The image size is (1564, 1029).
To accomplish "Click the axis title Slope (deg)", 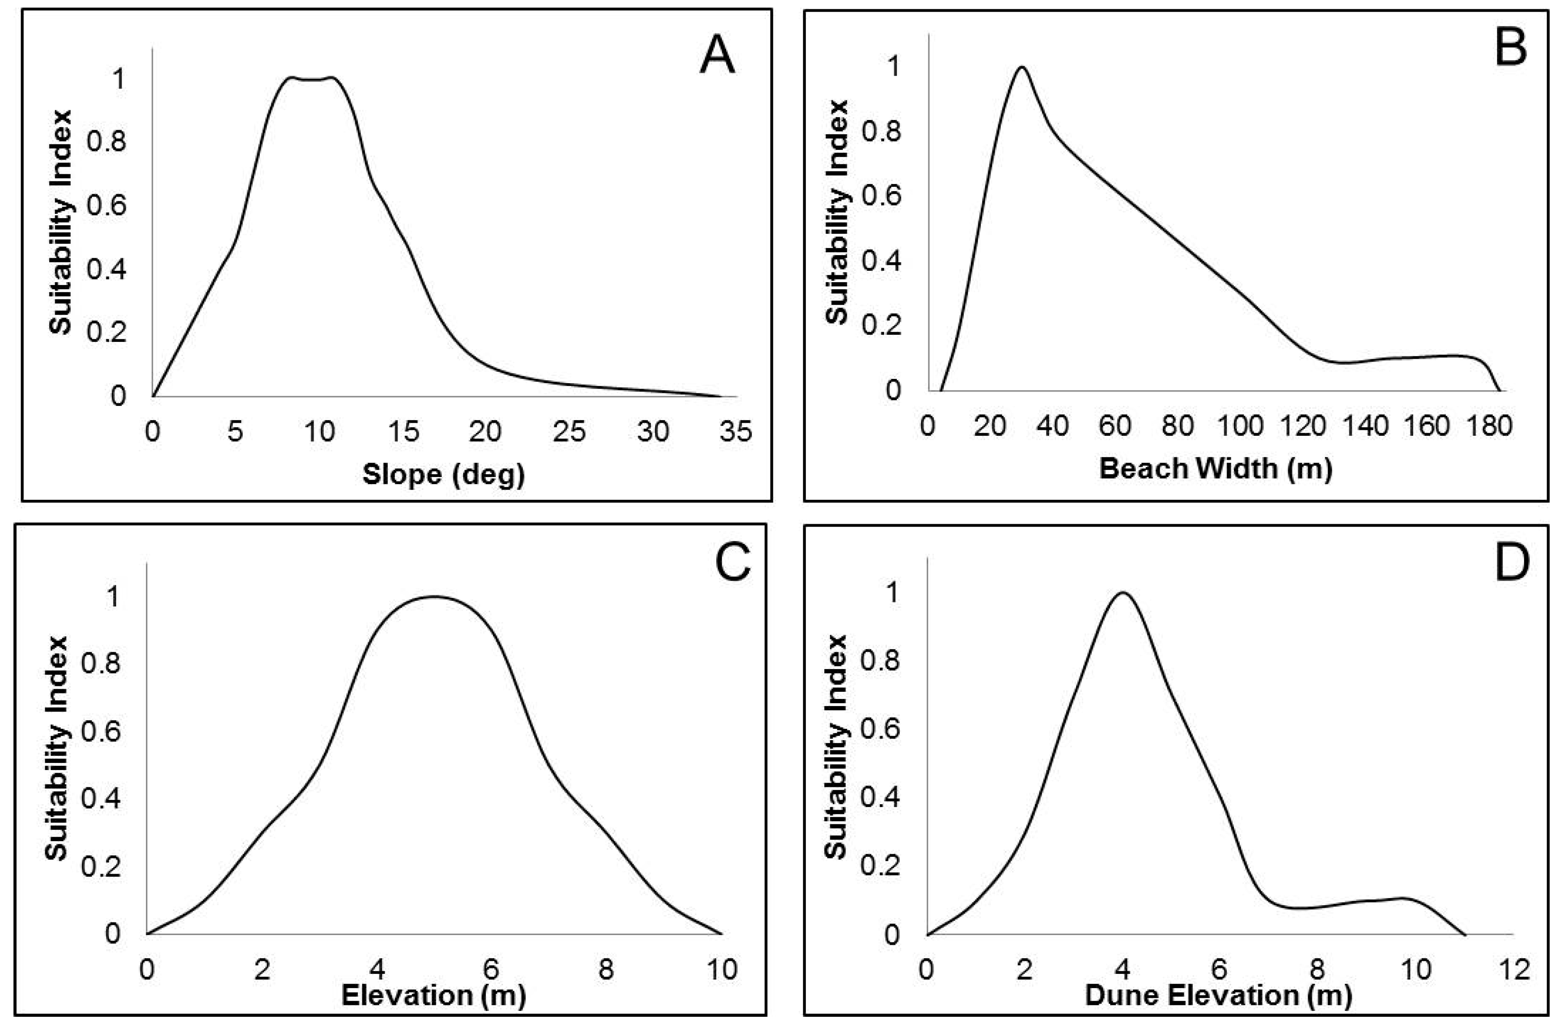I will [444, 474].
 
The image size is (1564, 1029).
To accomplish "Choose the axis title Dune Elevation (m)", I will [1218, 995].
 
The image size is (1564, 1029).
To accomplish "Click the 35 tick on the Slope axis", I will [736, 432].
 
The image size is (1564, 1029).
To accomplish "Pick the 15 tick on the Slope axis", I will [403, 432].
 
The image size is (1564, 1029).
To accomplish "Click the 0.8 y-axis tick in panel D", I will [881, 661].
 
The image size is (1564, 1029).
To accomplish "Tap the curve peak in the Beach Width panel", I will [1021, 67].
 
